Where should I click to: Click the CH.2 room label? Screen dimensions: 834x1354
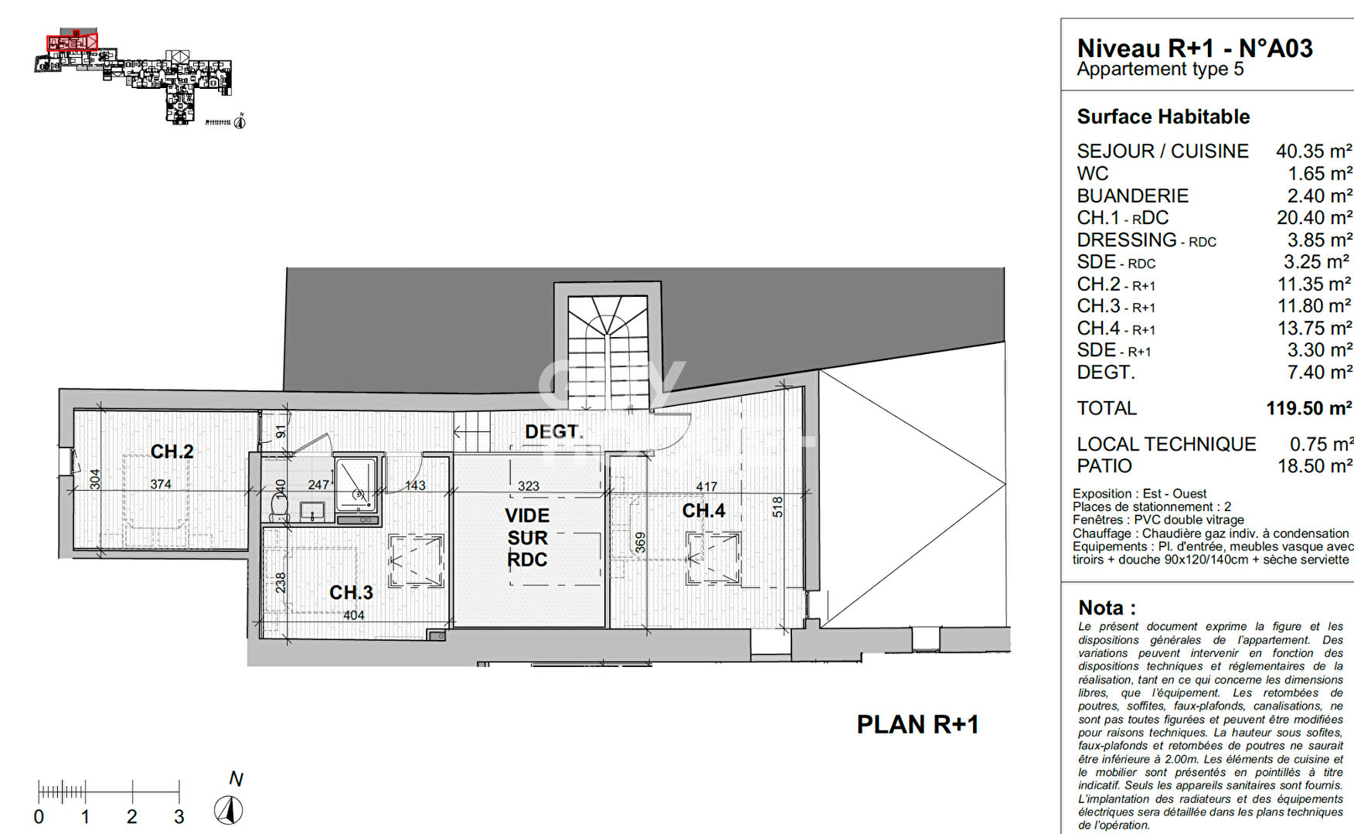pyautogui.click(x=172, y=451)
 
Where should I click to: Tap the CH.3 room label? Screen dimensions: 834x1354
pyautogui.click(x=351, y=593)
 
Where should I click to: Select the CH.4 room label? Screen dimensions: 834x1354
pyautogui.click(x=703, y=511)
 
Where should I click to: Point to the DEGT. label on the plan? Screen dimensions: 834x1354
pyautogui.click(x=553, y=431)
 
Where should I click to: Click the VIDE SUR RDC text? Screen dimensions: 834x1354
pyautogui.click(x=527, y=537)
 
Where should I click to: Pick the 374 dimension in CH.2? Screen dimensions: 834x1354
pyautogui.click(x=161, y=484)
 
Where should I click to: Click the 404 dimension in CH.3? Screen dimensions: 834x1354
pyautogui.click(x=353, y=615)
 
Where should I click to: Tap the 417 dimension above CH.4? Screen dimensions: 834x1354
pyautogui.click(x=706, y=486)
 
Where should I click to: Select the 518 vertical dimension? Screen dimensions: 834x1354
pyautogui.click(x=777, y=507)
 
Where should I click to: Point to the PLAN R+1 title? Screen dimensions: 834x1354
pyautogui.click(x=917, y=724)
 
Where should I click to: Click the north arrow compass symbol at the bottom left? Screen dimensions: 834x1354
pyautogui.click(x=228, y=809)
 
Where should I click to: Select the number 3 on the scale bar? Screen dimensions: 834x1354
pyautogui.click(x=179, y=816)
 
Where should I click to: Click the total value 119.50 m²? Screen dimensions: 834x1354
pyautogui.click(x=1308, y=408)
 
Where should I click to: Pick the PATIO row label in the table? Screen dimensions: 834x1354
pyautogui.click(x=1104, y=466)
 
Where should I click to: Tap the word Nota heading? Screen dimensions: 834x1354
pyautogui.click(x=1107, y=608)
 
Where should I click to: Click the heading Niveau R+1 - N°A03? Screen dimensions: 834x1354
pyautogui.click(x=1194, y=48)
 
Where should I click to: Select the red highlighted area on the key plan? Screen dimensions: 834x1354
pyautogui.click(x=71, y=43)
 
